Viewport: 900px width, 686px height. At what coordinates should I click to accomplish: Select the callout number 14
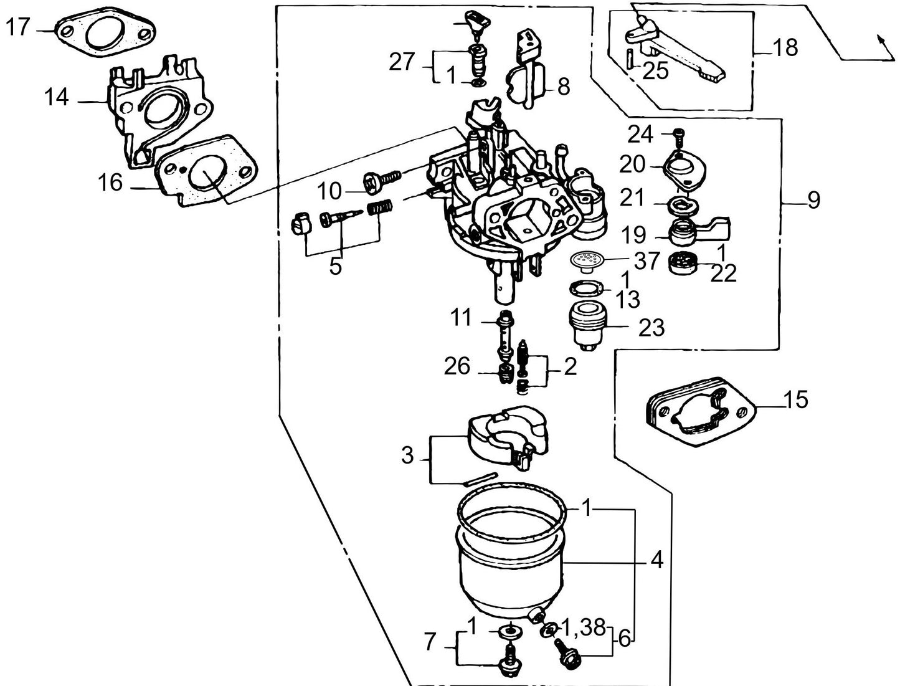(x=57, y=98)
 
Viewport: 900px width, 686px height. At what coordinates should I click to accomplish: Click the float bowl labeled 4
(x=511, y=561)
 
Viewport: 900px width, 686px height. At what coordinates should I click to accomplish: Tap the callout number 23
(x=651, y=327)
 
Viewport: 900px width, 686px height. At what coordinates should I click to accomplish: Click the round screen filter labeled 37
(x=586, y=259)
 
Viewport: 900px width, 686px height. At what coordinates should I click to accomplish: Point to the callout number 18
(x=785, y=47)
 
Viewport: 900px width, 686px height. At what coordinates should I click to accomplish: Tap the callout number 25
(x=655, y=71)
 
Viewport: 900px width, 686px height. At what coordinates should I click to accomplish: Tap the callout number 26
(x=457, y=366)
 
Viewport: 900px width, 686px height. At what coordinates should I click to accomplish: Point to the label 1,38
(x=584, y=627)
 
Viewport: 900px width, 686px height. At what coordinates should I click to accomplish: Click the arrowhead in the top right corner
(x=880, y=39)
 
